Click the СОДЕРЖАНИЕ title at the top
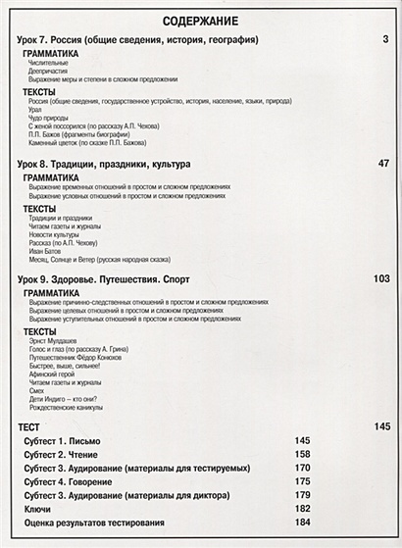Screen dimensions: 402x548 pos(201,21)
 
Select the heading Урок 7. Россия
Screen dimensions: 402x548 pos(138,40)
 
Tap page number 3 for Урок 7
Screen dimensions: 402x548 pos(386,40)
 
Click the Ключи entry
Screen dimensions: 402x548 pos(40,510)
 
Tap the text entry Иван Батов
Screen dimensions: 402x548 pos(45,251)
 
